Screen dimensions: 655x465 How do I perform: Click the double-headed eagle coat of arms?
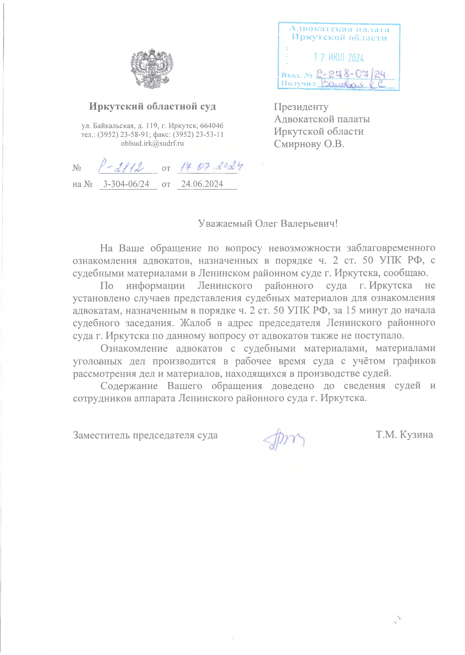coord(152,68)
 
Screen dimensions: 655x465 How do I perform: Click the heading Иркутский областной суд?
coord(152,106)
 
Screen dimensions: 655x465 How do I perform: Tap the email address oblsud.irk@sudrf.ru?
coord(152,143)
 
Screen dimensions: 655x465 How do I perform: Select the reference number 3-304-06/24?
coord(126,184)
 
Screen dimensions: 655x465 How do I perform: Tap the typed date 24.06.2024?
coord(202,184)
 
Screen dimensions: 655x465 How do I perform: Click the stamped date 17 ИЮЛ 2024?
coord(338,57)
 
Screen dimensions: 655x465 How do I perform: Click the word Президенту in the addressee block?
coord(301,107)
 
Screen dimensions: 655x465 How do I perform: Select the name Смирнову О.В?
coord(309,144)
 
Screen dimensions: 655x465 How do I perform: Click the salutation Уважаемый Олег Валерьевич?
coord(268,224)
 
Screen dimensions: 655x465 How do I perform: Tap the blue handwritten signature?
coord(284,438)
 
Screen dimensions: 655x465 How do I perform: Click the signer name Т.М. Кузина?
coord(404,434)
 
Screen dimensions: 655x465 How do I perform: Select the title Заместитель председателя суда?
coord(145,435)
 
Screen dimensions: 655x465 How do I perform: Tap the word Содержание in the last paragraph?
coord(129,385)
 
